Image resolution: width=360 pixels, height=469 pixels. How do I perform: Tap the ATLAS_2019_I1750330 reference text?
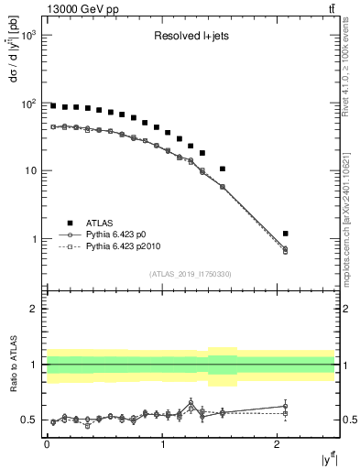click(x=190, y=274)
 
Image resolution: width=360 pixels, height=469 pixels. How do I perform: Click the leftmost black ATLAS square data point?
click(x=53, y=106)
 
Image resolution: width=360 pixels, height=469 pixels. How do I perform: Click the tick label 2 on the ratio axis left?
click(x=34, y=310)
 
